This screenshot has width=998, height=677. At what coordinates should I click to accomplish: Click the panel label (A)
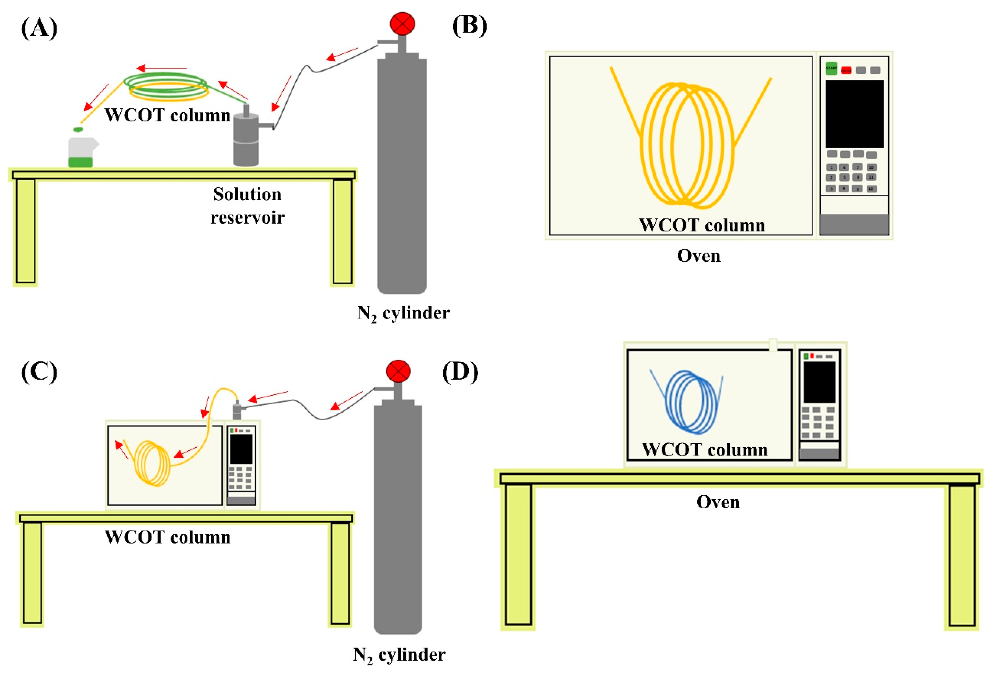39,28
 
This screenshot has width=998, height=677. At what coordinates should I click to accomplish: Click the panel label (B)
469,26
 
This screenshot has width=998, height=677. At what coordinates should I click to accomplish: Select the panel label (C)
39,372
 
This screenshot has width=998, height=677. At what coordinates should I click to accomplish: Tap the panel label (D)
460,372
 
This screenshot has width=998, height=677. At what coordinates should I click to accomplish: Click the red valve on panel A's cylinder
402,24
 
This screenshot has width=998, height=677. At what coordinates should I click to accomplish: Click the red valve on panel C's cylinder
398,372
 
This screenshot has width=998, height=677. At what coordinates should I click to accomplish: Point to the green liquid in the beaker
80,162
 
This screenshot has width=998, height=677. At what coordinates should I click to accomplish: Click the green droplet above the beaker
78,129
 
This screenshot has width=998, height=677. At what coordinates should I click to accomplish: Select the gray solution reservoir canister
246,139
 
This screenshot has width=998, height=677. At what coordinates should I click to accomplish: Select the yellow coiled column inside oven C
153,464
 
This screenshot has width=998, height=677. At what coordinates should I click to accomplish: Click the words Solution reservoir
247,206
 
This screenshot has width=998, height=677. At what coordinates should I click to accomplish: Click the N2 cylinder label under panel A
403,313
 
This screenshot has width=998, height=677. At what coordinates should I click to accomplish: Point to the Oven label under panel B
699,256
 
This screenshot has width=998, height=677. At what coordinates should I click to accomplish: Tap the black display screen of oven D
819,382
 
